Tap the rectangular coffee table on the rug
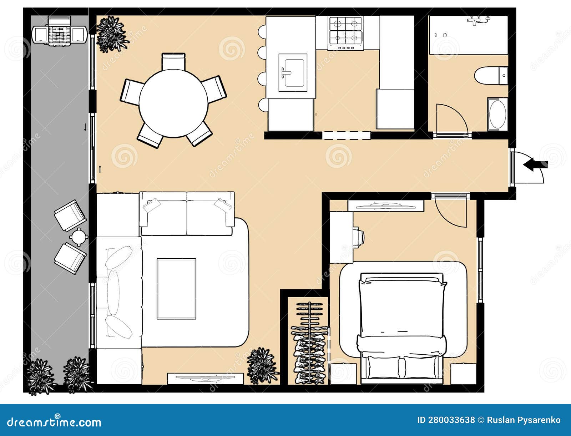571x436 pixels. click(176, 289)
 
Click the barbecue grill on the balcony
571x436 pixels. click(60, 30)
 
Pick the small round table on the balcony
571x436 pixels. click(79, 237)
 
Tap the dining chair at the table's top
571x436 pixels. click(173, 61)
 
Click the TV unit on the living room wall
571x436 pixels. click(205, 379)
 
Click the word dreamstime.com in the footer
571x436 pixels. click(54, 422)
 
